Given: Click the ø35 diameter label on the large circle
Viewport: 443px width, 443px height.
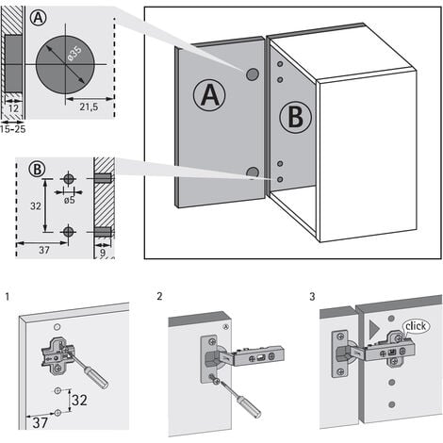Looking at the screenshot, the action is [74, 54].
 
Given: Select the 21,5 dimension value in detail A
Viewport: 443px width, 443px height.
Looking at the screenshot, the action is [89, 107].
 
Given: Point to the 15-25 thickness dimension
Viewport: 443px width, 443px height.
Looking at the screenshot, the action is [12, 129].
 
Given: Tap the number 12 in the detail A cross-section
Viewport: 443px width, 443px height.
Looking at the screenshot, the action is [13, 108].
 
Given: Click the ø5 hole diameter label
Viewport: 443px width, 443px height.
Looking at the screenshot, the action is [69, 200].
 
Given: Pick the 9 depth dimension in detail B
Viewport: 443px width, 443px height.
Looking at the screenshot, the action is [103, 252].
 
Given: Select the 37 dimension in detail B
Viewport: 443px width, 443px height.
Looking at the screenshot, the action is [44, 250].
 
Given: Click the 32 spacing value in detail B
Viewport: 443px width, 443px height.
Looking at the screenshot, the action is [36, 206].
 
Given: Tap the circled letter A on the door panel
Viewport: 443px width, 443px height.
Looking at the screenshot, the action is [209, 95].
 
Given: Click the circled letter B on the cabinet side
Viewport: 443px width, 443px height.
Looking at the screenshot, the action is [295, 117].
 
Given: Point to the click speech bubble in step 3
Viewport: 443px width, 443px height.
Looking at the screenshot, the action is [416, 326].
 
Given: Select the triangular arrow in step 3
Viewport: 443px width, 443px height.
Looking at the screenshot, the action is [373, 330].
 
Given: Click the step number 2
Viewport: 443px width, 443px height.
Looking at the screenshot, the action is [159, 296].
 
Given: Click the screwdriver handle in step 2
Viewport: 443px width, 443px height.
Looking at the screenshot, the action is [249, 406].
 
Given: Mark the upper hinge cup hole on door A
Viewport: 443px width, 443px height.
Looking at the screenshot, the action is [252, 74].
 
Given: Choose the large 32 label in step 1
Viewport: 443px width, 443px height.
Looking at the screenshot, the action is [79, 401].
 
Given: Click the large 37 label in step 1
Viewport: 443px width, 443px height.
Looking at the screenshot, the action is [41, 422].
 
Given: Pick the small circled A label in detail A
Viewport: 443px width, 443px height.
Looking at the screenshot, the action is [39, 18].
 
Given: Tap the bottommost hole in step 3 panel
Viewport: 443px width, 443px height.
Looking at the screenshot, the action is [391, 404].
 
